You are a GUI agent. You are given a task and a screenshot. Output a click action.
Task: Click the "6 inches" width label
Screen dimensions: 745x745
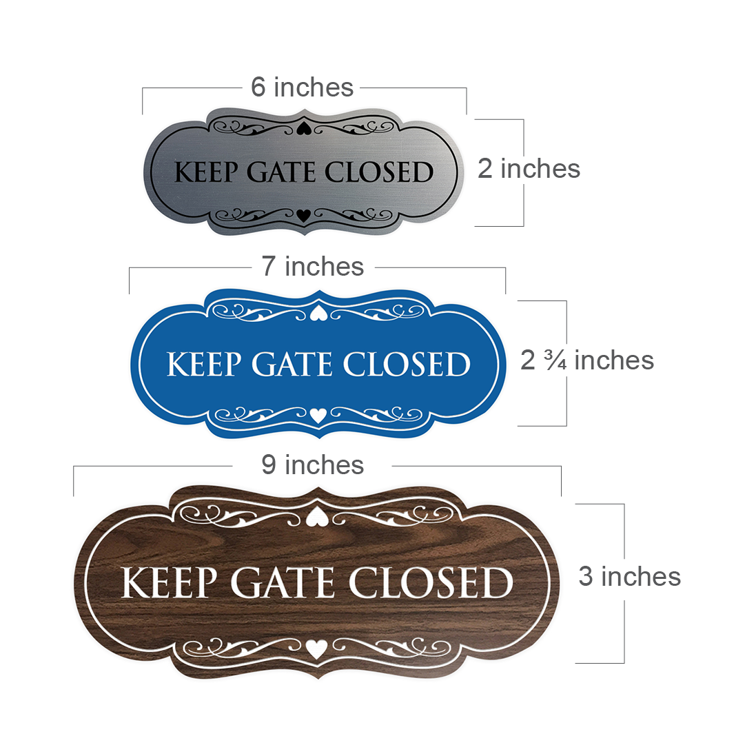point(302,88)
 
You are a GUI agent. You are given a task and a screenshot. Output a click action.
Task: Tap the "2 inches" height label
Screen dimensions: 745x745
point(529,169)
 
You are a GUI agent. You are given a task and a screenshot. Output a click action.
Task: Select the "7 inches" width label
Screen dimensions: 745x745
point(312,267)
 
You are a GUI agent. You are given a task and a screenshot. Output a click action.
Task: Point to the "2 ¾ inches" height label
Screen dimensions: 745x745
point(586,360)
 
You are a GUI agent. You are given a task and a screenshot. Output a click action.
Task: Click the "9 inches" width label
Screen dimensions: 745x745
point(312,465)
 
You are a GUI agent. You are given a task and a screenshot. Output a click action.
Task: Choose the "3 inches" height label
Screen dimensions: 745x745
point(629,576)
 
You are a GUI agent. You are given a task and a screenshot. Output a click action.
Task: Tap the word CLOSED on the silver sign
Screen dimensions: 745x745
point(379,172)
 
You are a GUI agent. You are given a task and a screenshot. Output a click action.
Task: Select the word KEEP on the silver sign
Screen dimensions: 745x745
point(207,172)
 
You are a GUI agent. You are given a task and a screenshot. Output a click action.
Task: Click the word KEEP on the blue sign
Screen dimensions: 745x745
point(203,365)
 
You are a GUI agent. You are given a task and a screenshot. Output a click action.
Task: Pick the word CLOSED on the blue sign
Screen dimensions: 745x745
point(407,365)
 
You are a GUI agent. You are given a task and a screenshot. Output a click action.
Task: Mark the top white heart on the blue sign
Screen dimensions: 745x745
point(318,314)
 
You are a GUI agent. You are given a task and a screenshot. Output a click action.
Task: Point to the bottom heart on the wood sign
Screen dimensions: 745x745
point(316,649)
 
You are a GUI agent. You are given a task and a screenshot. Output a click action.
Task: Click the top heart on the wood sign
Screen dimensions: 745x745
point(316,517)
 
